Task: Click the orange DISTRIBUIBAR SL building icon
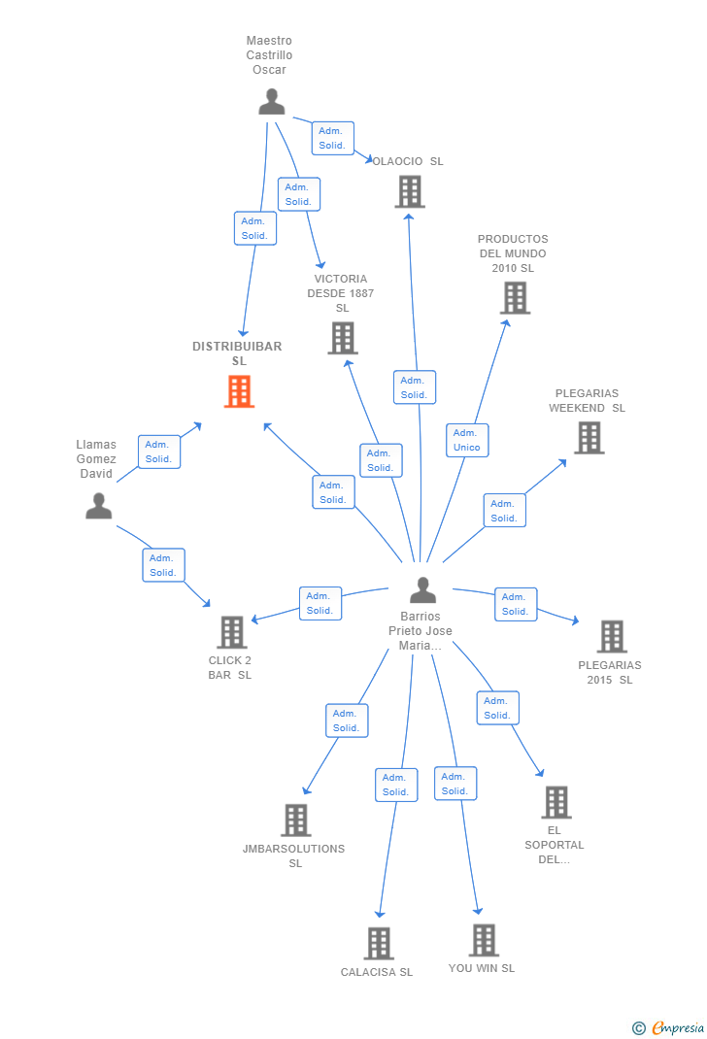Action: coord(239,391)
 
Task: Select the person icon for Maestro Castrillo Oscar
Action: coord(272,101)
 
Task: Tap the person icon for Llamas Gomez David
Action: coord(98,506)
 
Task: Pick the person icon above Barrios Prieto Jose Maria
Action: coord(422,589)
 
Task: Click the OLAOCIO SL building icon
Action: coord(410,191)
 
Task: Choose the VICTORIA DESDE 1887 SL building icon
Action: coord(342,338)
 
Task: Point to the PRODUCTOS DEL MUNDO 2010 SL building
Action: coord(515,298)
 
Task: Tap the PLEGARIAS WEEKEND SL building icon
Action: coord(589,438)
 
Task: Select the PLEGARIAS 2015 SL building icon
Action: coord(611,637)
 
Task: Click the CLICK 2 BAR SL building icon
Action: coord(231,632)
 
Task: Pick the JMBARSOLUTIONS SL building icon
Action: coord(295,821)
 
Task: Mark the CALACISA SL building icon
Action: coord(378,943)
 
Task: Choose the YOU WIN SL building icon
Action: coord(483,940)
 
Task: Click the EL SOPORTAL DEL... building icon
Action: coord(555,802)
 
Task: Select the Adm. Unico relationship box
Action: coord(467,440)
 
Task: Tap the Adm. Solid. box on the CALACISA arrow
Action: coord(395,785)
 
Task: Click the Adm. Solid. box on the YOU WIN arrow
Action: coord(454,784)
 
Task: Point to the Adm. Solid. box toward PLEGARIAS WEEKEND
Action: coord(504,511)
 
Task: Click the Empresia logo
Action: coord(670,1027)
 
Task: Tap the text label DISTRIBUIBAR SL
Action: coord(237,353)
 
